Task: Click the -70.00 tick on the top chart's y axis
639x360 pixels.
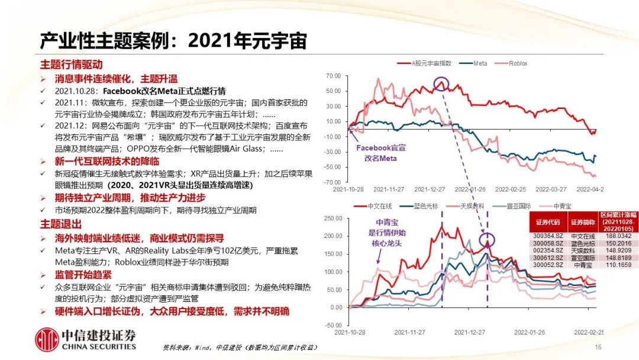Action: [x=333, y=182]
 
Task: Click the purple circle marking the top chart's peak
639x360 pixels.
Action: [x=441, y=84]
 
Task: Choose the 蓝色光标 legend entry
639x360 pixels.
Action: [x=419, y=205]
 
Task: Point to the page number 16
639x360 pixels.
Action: [x=598, y=347]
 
